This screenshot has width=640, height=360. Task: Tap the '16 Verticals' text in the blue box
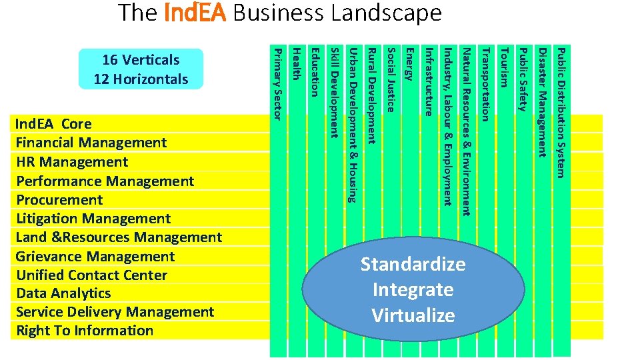pos(141,60)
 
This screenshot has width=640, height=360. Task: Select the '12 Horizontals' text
pos(141,79)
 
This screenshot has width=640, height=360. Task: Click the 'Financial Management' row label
pos(91,143)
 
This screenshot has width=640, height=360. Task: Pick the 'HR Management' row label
pos(72,162)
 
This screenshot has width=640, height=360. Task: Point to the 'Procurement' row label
pos(60,200)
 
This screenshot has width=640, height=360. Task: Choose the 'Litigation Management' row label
pos(93,219)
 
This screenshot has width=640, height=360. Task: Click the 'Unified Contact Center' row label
pos(91,275)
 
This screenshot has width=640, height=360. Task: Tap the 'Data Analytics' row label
pos(63,293)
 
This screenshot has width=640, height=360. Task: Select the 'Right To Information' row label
pos(85,331)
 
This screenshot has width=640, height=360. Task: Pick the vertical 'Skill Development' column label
pos(335,93)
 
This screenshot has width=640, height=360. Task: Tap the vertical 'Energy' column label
pos(409,66)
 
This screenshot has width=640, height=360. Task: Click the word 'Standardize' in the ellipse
pos(413,265)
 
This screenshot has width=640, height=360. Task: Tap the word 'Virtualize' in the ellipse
pos(413,316)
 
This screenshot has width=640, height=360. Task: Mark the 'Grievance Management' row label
pos(95,257)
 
